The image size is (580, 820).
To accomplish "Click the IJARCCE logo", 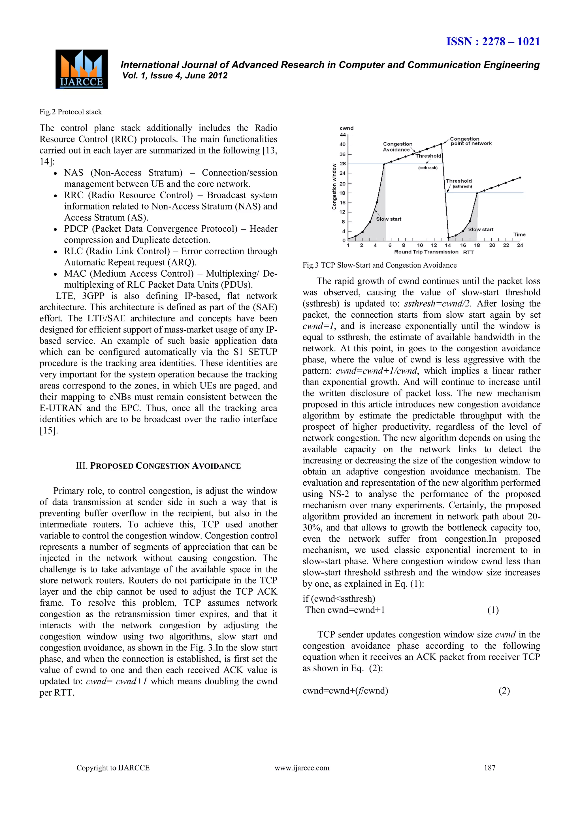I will (82, 69).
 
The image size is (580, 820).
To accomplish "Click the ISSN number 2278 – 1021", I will (493, 42).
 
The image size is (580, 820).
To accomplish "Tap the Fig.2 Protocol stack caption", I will (71, 112).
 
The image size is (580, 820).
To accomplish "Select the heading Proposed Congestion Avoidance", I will (158, 466).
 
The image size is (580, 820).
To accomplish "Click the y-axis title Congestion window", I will (334, 186).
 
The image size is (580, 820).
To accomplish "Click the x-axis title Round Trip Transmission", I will (426, 252).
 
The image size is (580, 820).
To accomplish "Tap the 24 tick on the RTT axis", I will (520, 245).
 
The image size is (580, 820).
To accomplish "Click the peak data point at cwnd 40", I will (442, 144).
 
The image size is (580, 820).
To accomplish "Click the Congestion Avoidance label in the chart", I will (397, 147).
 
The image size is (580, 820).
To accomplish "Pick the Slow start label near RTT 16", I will (480, 229).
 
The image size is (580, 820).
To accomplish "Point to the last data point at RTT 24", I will (520, 178).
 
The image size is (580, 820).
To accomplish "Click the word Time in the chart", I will (519, 235).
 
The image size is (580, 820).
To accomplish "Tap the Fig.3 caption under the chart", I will (379, 265).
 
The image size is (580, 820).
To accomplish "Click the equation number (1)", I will (493, 610).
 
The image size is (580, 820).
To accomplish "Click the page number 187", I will (490, 768).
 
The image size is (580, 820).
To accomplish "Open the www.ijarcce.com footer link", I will (302, 768).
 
